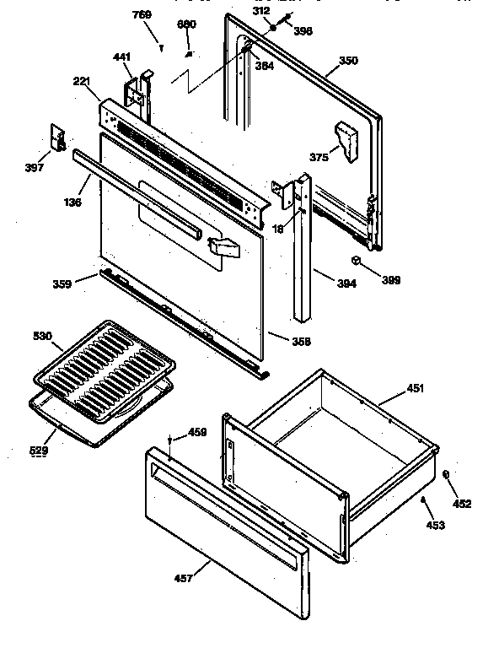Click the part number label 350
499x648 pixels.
pyautogui.click(x=325, y=61)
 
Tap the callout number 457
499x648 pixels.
pyautogui.click(x=183, y=578)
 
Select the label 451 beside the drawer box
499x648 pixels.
pyautogui.click(x=415, y=388)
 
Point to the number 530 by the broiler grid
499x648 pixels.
pyautogui.click(x=42, y=337)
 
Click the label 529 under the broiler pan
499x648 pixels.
pyautogui.click(x=39, y=451)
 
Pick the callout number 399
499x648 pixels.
pyautogui.click(x=391, y=279)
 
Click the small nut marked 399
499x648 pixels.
pyautogui.click(x=357, y=262)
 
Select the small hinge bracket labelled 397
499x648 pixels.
pyautogui.click(x=58, y=138)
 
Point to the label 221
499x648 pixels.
pyautogui.click(x=81, y=81)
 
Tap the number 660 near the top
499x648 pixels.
pyautogui.click(x=185, y=24)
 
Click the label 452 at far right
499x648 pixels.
pyautogui.click(x=462, y=504)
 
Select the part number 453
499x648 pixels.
pyautogui.click(x=434, y=525)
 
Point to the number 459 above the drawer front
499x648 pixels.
pyautogui.click(x=196, y=434)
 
